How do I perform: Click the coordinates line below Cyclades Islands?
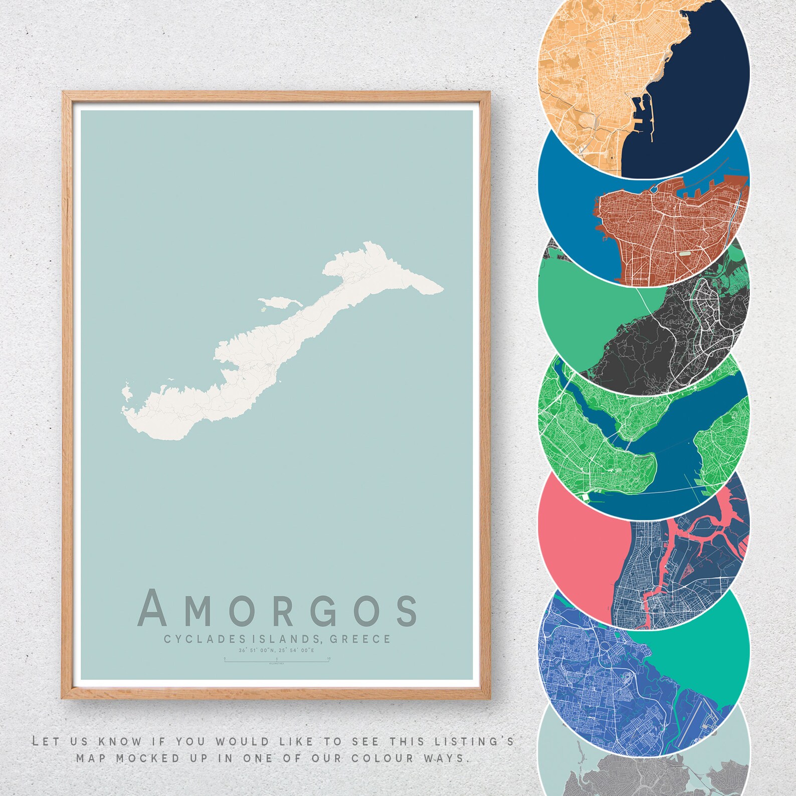pos(276,651)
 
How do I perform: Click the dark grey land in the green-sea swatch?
pos(667,341)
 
